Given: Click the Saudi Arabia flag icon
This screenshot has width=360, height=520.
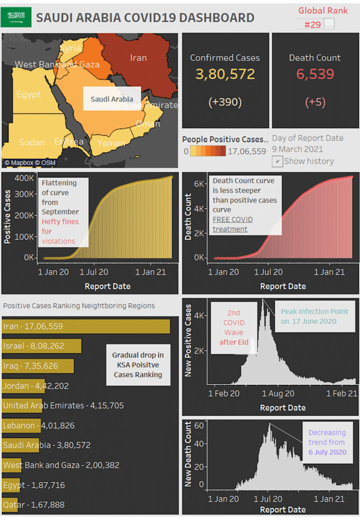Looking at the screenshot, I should coord(16,17).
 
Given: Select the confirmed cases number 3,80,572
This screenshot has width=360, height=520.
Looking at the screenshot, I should coord(226,74).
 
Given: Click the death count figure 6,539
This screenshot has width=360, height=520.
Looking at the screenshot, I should coord(314,74).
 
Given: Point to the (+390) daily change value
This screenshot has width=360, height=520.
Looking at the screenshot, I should coord(226,101).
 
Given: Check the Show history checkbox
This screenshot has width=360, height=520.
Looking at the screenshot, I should coord(277,161).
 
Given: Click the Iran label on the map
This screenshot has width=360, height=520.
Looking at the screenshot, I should coord(138,58).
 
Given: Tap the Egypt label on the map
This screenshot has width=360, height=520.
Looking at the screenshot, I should coord(28,94).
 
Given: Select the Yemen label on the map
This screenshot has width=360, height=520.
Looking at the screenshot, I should coord(111,143).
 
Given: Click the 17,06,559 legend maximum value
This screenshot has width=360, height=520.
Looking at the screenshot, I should coord(247,151).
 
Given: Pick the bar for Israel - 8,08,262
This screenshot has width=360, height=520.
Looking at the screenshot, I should coord(42,346).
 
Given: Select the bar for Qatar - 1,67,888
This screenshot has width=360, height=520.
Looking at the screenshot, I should coord(10,505).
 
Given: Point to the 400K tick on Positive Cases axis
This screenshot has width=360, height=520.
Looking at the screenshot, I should coord(24,177).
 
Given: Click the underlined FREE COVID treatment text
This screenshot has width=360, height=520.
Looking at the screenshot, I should coord(233,225).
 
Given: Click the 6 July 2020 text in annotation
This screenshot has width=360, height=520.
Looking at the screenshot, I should coord(328,452).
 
